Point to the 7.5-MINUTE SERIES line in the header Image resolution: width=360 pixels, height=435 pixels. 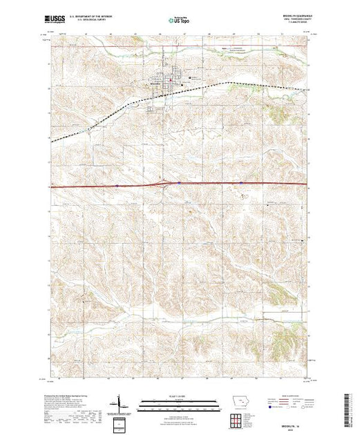coord(289,27)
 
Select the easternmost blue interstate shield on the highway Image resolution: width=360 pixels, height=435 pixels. coord(241,183)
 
